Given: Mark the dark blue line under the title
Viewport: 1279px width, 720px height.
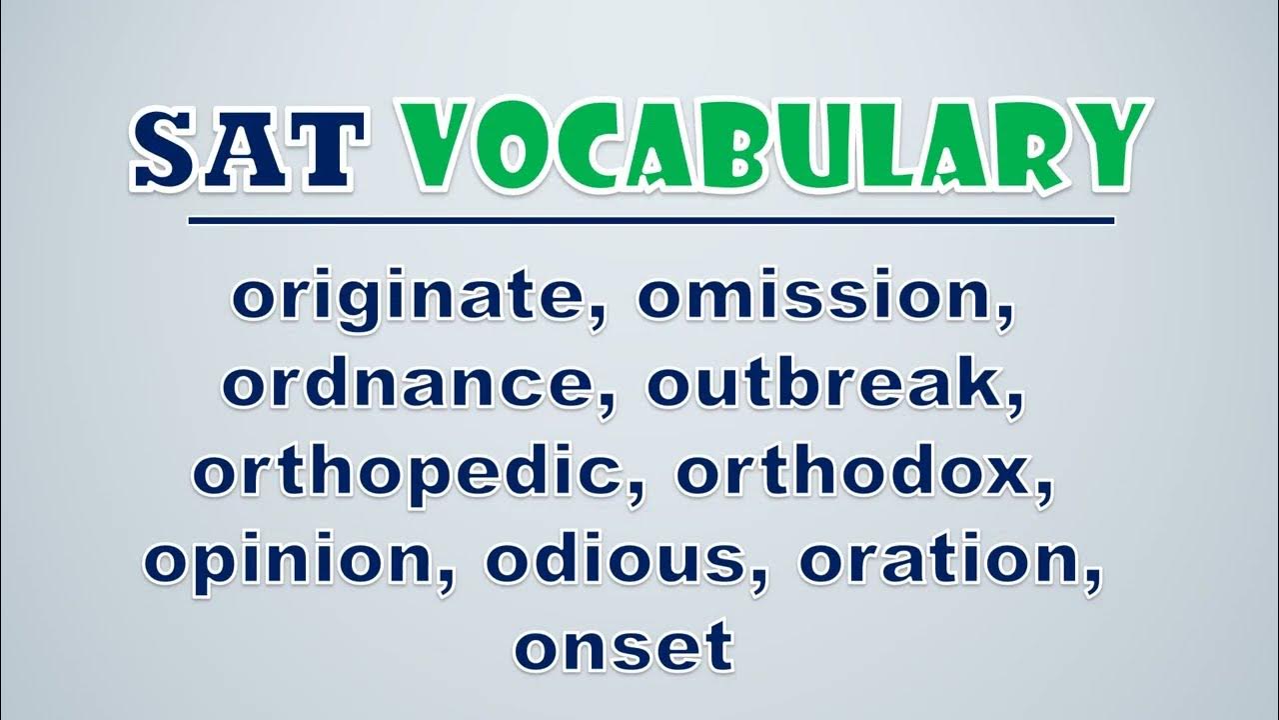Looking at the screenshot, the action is (x=651, y=221).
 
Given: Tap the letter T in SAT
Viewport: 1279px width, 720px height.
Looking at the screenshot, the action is (x=327, y=149).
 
